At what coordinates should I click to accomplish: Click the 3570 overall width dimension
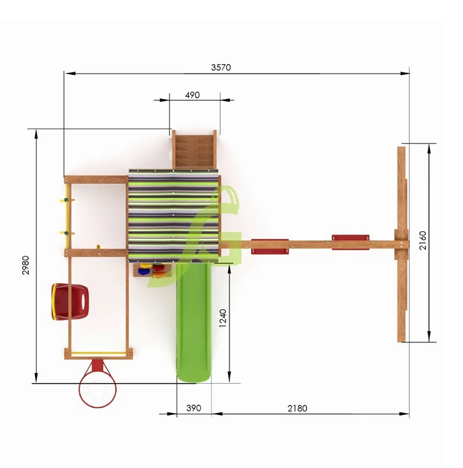221,67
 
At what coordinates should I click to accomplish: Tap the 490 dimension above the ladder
192,95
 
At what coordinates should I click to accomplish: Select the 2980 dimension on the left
26,265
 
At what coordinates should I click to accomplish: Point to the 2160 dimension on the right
423,241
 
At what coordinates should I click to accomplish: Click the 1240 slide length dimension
223,318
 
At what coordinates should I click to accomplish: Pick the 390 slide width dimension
194,408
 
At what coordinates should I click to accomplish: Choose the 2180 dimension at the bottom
297,408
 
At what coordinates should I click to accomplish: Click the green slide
194,321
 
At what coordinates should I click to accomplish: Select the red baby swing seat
70,302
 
